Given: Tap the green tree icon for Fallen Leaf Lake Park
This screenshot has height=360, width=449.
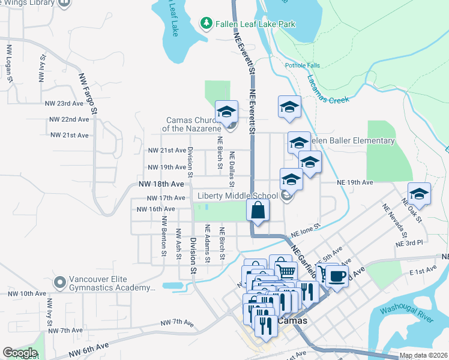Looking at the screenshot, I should tap(206, 23).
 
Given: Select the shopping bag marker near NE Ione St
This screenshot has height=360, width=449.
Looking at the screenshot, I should tap(258, 211).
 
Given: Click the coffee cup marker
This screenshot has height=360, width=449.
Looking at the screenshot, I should tap(337, 276).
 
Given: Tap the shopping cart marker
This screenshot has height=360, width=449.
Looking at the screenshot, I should tap(286, 270).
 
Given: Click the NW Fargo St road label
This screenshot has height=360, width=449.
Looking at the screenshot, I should tap(87, 93).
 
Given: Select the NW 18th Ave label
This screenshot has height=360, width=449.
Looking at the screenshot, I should tap(161, 184).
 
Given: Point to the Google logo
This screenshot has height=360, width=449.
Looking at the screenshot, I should tap(20, 353).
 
